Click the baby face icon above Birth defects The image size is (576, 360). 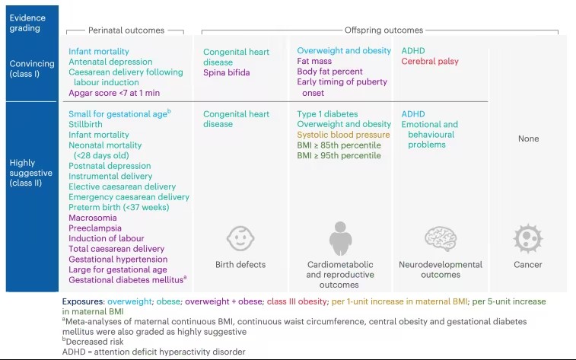point(240,239)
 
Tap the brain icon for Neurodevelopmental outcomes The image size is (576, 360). point(440,239)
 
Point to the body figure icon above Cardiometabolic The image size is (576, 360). point(340,239)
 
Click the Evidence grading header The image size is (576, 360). point(27,23)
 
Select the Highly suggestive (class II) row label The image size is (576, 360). point(31,173)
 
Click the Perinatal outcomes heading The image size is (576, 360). point(126,30)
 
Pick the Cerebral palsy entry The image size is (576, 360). point(430,62)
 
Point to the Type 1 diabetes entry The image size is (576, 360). point(327,114)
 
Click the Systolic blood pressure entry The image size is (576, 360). point(343,135)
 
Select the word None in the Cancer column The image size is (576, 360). point(527,139)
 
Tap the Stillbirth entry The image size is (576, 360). point(86,124)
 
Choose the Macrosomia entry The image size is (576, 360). point(93,218)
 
